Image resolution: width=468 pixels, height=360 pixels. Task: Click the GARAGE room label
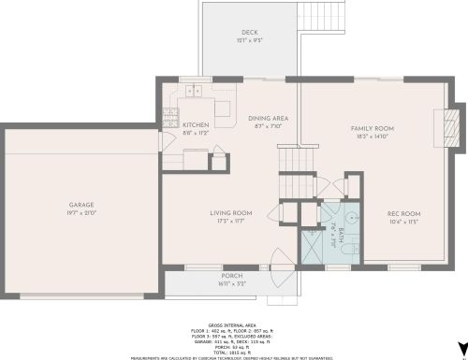tap(80, 204)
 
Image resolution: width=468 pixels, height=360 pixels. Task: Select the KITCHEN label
tap(196, 124)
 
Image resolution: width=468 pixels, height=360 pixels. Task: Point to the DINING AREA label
tap(268, 118)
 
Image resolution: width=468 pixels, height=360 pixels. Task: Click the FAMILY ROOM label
tap(372, 127)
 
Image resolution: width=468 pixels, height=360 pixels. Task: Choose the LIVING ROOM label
tap(231, 212)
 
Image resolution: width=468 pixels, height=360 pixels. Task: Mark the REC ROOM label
tap(404, 214)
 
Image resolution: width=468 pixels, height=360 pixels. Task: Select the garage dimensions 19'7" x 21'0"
tap(80, 212)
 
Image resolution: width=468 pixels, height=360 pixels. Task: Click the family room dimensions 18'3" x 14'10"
tap(372, 136)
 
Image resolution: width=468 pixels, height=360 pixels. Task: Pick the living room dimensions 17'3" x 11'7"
tap(231, 221)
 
